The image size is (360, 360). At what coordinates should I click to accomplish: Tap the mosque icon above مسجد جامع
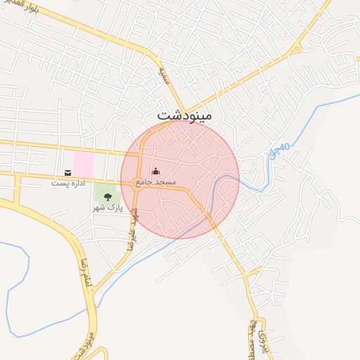[x=155, y=172]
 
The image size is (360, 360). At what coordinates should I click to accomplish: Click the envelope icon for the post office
[x=67, y=172]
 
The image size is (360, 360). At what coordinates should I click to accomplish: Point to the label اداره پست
[x=67, y=183]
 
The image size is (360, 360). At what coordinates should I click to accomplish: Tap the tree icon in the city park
[x=108, y=197]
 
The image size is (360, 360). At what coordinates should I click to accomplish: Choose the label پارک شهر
[x=108, y=208]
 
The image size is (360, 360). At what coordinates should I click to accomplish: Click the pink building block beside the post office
[x=84, y=165]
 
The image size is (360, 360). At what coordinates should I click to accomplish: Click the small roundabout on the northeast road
[x=296, y=49]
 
